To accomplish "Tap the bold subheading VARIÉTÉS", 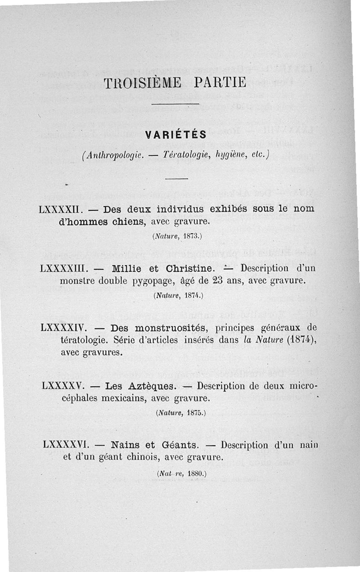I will tap(176, 134).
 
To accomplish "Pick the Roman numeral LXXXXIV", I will tap(62, 328).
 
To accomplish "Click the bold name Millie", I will tap(127, 269).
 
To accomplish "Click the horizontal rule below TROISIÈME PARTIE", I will tap(175, 105).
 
